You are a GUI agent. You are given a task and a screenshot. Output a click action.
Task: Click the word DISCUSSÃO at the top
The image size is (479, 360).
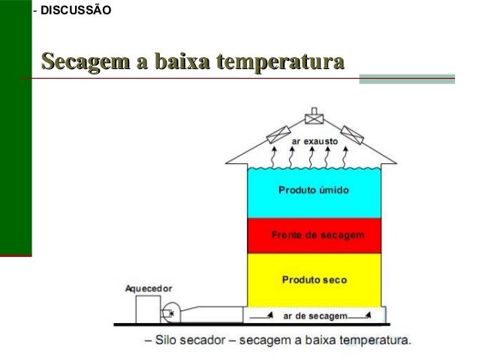coord(76,11)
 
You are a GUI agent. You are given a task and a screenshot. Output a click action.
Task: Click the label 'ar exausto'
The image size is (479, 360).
coord(314,141)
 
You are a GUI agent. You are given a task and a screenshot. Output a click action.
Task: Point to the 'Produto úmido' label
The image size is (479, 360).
coord(314,190)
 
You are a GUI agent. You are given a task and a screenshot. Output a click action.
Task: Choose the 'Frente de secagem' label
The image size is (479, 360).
coord(318,235)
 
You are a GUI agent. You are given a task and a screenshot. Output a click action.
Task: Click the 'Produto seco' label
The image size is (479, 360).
coord(314,280)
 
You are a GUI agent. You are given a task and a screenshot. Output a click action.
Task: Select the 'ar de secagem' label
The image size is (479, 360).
coord(315,316)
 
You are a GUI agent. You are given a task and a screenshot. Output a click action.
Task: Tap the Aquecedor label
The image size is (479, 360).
coord(149,288)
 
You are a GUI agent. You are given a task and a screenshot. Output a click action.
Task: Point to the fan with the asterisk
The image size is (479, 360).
coord(170,313)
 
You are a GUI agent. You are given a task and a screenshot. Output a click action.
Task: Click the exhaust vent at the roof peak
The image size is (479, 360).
coord(314,118)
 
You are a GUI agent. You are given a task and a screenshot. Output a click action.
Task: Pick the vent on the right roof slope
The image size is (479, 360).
coord(352,134)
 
